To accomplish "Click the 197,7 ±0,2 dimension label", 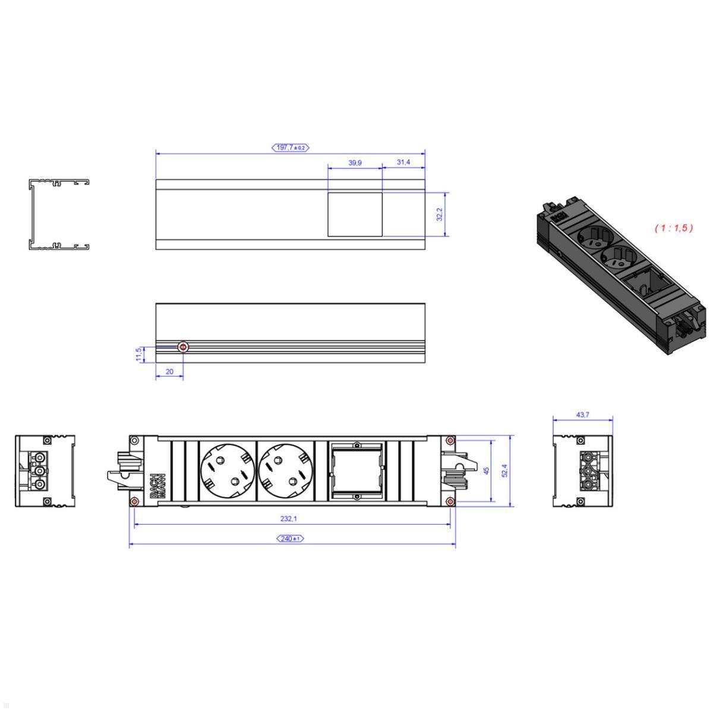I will click(291, 147).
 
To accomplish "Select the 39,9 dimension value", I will click(354, 162).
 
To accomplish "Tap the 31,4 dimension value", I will click(403, 162).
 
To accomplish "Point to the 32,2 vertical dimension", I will click(440, 214).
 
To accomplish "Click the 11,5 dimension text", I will click(138, 354).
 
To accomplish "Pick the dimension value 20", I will click(169, 371).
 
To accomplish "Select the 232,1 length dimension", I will click(289, 518).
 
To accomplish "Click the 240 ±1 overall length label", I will click(291, 538).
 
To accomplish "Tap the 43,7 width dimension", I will click(582, 415).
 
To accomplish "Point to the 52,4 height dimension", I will click(506, 471).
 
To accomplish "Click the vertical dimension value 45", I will click(486, 471).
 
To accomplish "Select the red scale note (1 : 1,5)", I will click(674, 228).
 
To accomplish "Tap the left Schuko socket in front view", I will click(227, 471).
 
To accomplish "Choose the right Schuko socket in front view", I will click(285, 471).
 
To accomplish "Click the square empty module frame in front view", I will click(356, 471).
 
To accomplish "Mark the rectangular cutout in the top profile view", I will click(355, 214).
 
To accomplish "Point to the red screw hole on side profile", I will click(184, 348).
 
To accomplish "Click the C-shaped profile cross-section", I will click(58, 213).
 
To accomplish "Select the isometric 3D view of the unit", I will click(618, 276).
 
